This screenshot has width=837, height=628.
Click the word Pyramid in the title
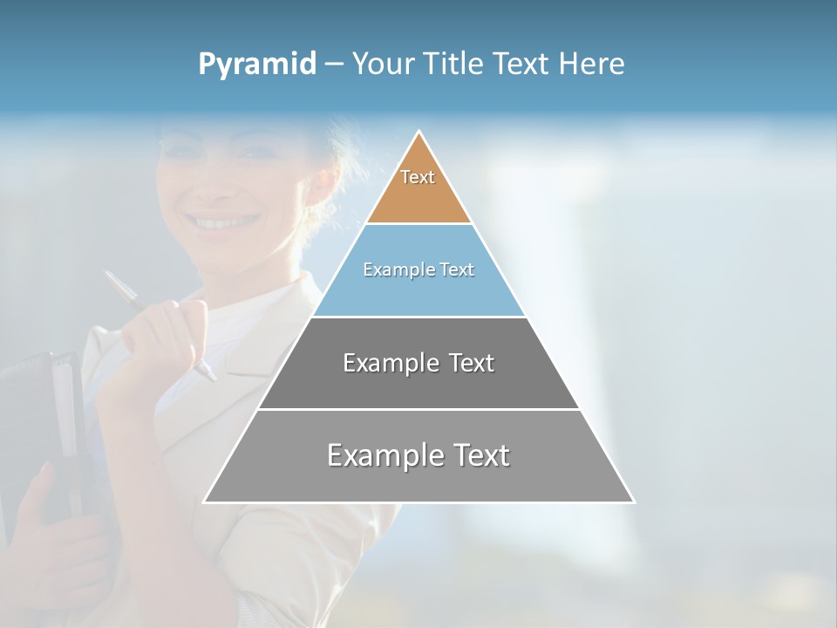pyautogui.click(x=257, y=65)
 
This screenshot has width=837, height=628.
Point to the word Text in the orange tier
pyautogui.click(x=418, y=177)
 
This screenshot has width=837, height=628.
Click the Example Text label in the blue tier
pyautogui.click(x=418, y=270)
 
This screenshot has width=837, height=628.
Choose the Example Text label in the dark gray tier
pyautogui.click(x=418, y=363)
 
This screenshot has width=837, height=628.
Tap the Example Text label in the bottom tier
pyautogui.click(x=418, y=455)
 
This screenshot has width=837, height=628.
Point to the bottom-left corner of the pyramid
pyautogui.click(x=205, y=502)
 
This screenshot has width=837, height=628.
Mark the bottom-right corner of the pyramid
pyautogui.click(x=633, y=502)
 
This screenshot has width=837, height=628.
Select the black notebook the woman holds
pyautogui.click(x=39, y=410)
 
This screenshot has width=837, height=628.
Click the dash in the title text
pyautogui.click(x=333, y=65)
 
